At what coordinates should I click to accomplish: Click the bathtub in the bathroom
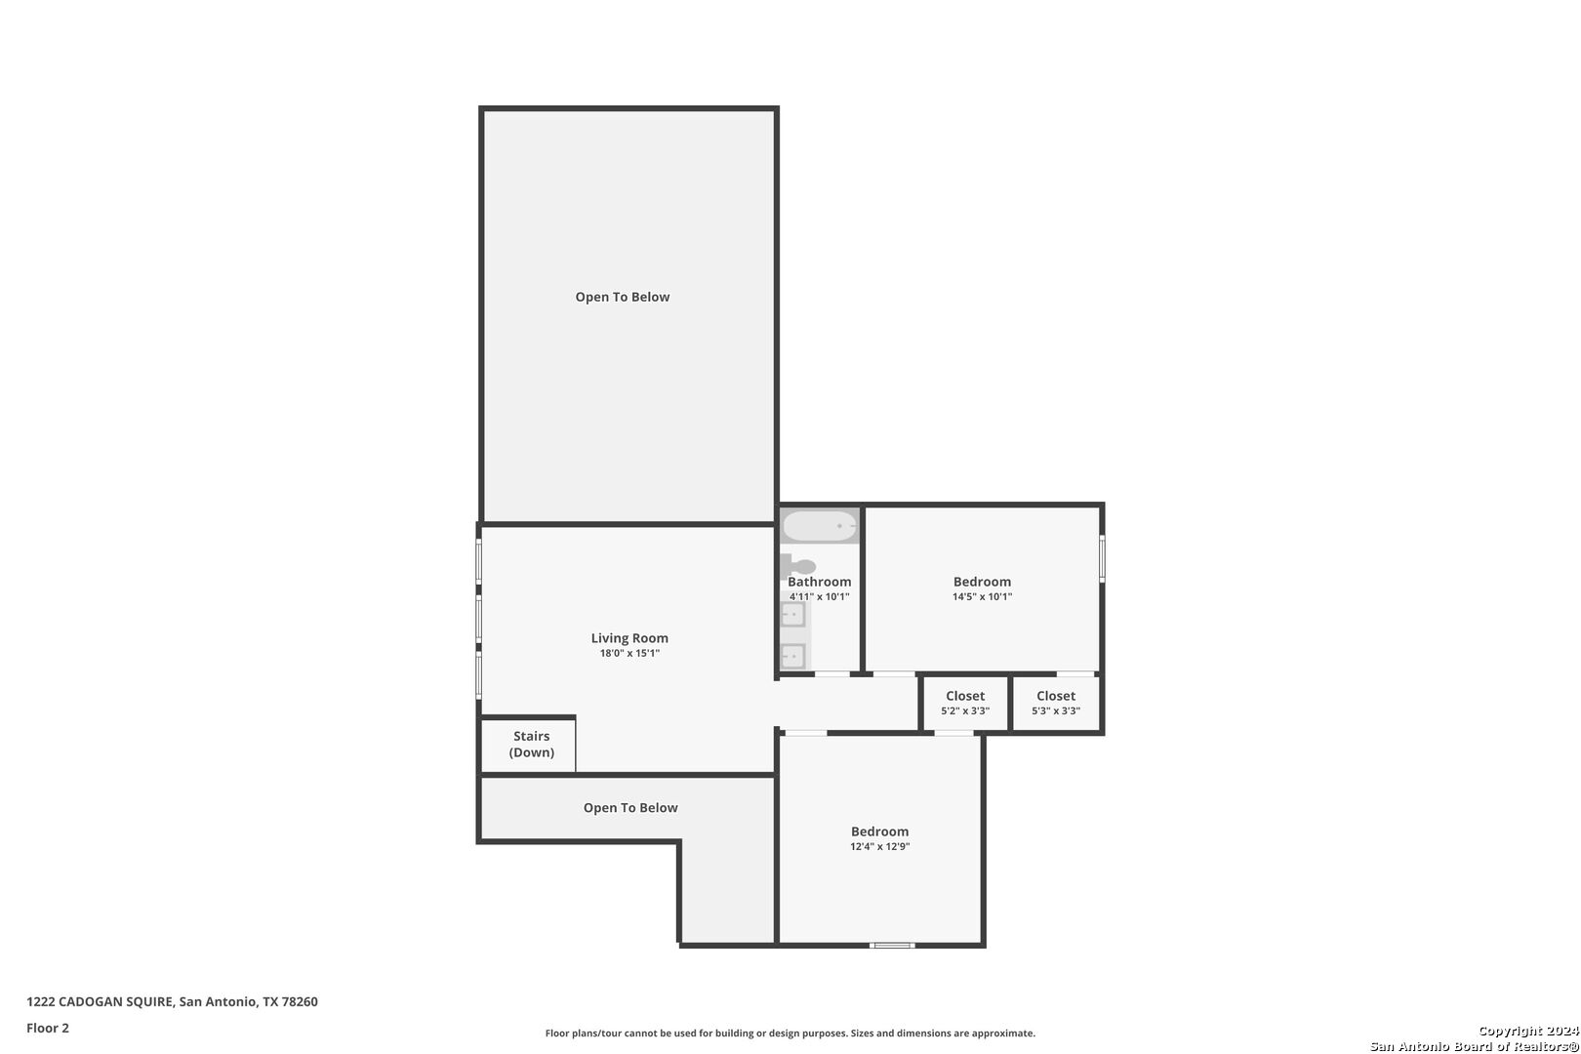(x=820, y=526)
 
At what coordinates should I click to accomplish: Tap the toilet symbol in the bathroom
(x=798, y=566)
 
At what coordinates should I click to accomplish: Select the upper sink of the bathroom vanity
(x=793, y=614)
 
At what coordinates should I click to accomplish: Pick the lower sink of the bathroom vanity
(x=793, y=656)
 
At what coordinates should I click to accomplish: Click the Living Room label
(x=629, y=638)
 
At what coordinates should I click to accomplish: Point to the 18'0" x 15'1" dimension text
(x=629, y=654)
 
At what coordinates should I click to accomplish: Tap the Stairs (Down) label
(x=532, y=744)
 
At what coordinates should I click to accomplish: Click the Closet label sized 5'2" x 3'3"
(x=965, y=696)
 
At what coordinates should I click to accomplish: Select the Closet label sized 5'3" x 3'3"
(x=1056, y=696)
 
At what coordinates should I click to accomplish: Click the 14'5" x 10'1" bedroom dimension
(x=982, y=597)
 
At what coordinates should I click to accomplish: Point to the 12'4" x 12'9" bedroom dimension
(x=879, y=847)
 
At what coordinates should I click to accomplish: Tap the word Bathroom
(x=820, y=582)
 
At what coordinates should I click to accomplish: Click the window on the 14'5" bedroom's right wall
(x=1102, y=558)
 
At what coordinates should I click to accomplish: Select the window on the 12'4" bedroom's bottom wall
(x=892, y=946)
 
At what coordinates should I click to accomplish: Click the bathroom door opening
(x=832, y=674)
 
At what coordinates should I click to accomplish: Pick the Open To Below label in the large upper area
(x=623, y=298)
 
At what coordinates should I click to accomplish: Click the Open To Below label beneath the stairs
(x=630, y=808)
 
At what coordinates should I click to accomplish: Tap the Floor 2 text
(x=48, y=1028)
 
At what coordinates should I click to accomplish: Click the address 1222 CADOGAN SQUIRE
(x=100, y=1001)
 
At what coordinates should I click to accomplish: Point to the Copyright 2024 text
(x=1528, y=1031)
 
